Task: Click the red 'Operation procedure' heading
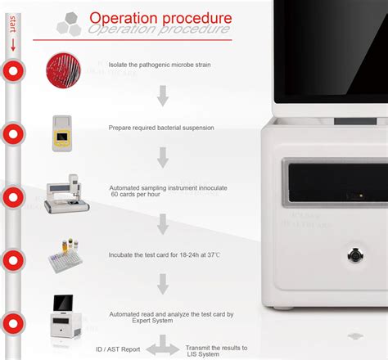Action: tap(160, 17)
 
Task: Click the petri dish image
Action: tap(63, 70)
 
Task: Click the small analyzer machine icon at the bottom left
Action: tap(65, 315)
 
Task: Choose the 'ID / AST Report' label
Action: tap(117, 349)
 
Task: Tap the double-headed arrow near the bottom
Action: tap(164, 350)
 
